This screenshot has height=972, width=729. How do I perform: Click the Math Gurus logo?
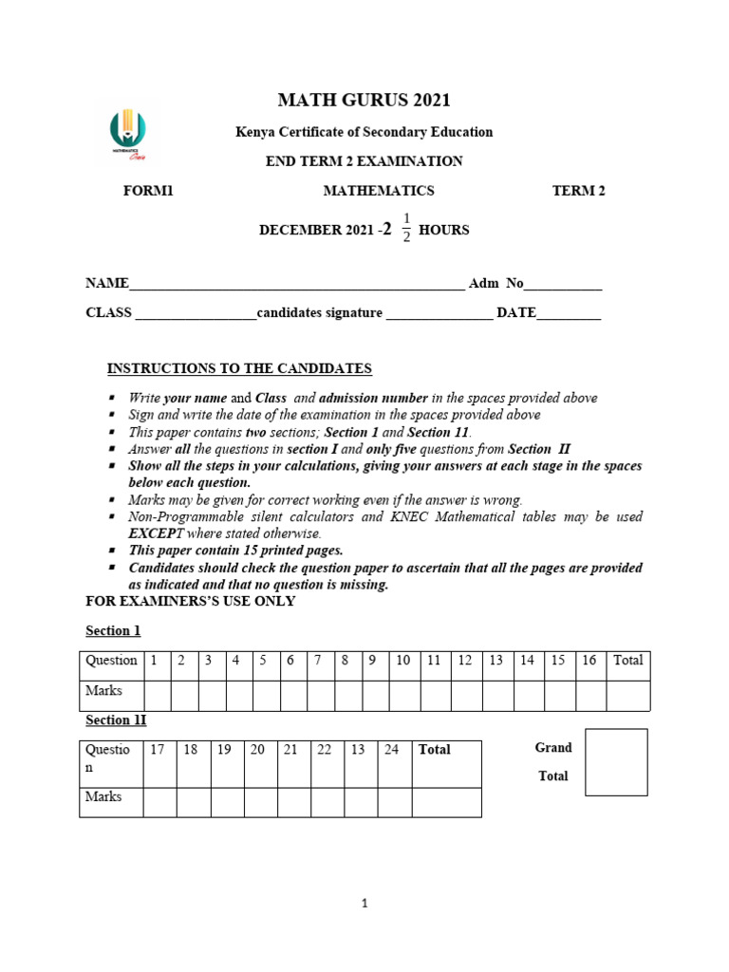[128, 134]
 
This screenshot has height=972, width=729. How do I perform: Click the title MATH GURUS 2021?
[364, 100]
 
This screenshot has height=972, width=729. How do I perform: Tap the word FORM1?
[149, 191]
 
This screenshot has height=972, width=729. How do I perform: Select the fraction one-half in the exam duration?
[406, 228]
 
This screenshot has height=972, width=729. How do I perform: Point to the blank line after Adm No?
[563, 286]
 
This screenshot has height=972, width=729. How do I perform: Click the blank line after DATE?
[569, 315]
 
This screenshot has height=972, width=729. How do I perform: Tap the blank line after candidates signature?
[439, 315]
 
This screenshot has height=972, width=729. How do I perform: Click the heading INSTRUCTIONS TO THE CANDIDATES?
[239, 368]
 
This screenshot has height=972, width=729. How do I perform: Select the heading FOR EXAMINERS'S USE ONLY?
[191, 601]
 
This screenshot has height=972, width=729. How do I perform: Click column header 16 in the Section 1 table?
[589, 661]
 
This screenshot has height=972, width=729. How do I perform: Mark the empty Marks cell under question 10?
[402, 695]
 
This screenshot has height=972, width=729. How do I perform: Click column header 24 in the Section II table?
[391, 750]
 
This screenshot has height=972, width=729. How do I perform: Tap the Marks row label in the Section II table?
[104, 797]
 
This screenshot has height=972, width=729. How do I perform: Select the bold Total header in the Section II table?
[435, 750]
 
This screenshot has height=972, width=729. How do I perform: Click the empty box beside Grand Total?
[616, 761]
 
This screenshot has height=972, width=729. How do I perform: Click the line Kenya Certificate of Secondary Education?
[364, 132]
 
